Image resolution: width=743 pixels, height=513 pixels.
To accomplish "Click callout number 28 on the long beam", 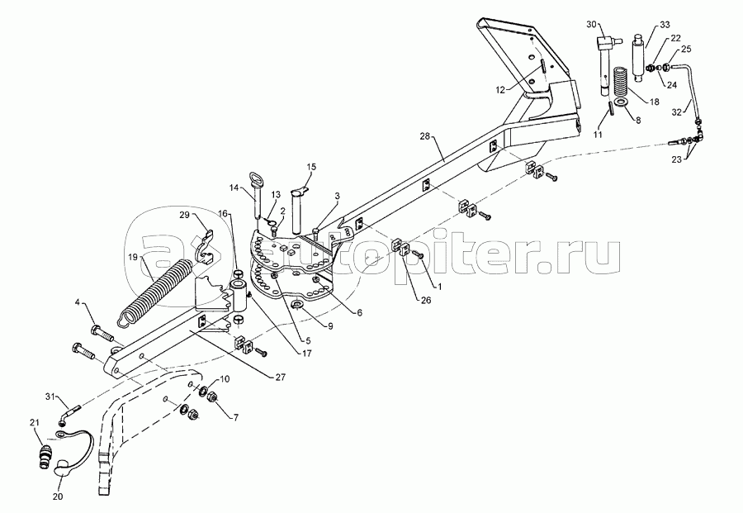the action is click(x=424, y=136).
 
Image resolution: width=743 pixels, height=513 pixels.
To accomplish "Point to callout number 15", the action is click(x=311, y=167).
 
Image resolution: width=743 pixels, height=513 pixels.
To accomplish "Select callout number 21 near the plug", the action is click(x=34, y=422).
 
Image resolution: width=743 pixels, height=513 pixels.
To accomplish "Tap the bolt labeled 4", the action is click(x=101, y=335).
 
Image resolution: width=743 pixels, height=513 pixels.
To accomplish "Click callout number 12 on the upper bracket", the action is click(x=501, y=90).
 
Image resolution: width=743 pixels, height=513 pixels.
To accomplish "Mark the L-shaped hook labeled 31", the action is click(x=70, y=412).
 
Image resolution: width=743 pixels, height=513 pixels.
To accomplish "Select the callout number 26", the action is click(x=426, y=300).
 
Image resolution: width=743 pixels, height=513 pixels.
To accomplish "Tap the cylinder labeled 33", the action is click(x=640, y=56).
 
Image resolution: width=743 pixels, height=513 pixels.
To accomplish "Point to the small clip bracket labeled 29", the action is click(x=206, y=246).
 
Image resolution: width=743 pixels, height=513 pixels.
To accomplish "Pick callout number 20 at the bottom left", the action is click(x=58, y=496).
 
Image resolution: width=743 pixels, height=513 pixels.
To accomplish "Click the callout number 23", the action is click(x=676, y=159).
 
